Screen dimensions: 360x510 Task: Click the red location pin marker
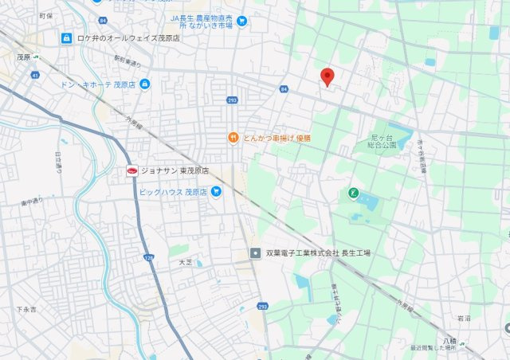(x=327, y=76)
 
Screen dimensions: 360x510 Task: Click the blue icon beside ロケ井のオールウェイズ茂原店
(x=66, y=37)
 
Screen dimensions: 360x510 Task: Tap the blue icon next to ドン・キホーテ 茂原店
(x=144, y=84)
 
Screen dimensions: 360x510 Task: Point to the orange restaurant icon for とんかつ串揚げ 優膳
(x=233, y=137)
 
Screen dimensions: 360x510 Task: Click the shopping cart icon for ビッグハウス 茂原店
(x=215, y=192)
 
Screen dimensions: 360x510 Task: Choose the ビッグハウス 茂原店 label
(x=173, y=192)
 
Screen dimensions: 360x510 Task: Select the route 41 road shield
(x=35, y=76)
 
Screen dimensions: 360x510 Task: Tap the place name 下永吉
(x=25, y=308)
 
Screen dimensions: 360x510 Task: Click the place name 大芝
(x=185, y=261)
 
